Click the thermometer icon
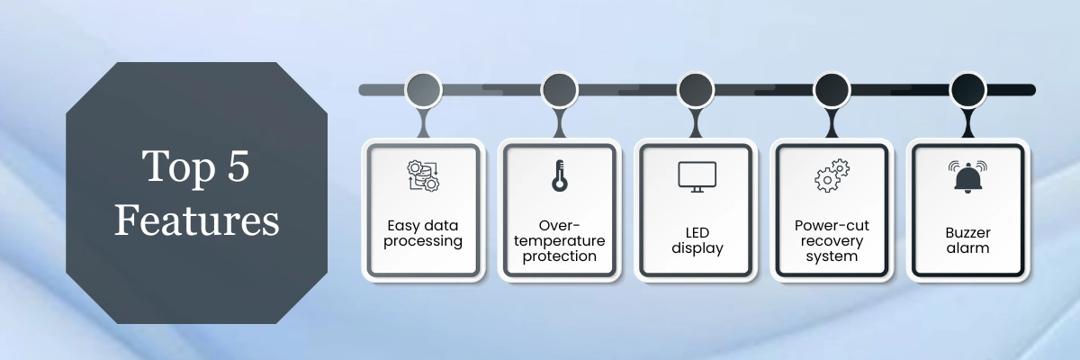tap(559, 175)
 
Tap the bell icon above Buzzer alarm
tap(967, 177)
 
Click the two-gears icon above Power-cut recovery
tap(832, 175)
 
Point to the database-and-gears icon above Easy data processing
tap(423, 175)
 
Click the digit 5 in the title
tap(238, 166)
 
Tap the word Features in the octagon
tap(197, 220)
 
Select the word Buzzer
tap(967, 233)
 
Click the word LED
tap(697, 233)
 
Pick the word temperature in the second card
tap(559, 240)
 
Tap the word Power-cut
tap(832, 226)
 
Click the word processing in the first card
tap(423, 241)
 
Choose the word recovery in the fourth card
tap(832, 241)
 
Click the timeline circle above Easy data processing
tap(423, 90)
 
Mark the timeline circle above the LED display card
tap(696, 90)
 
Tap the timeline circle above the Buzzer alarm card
tap(967, 90)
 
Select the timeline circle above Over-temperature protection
tap(559, 90)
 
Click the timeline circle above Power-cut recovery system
tap(832, 90)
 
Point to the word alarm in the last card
tap(967, 248)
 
